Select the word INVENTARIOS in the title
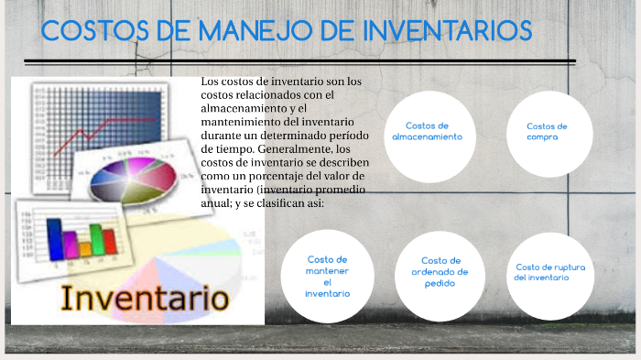(448, 31)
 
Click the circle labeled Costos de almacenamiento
(427, 131)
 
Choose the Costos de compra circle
(548, 132)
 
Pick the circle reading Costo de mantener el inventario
(328, 276)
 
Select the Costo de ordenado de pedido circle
(440, 272)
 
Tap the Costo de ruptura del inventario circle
(549, 272)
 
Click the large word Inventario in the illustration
(144, 298)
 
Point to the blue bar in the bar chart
(56, 236)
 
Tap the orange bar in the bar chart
(85, 245)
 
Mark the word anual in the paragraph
(214, 202)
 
